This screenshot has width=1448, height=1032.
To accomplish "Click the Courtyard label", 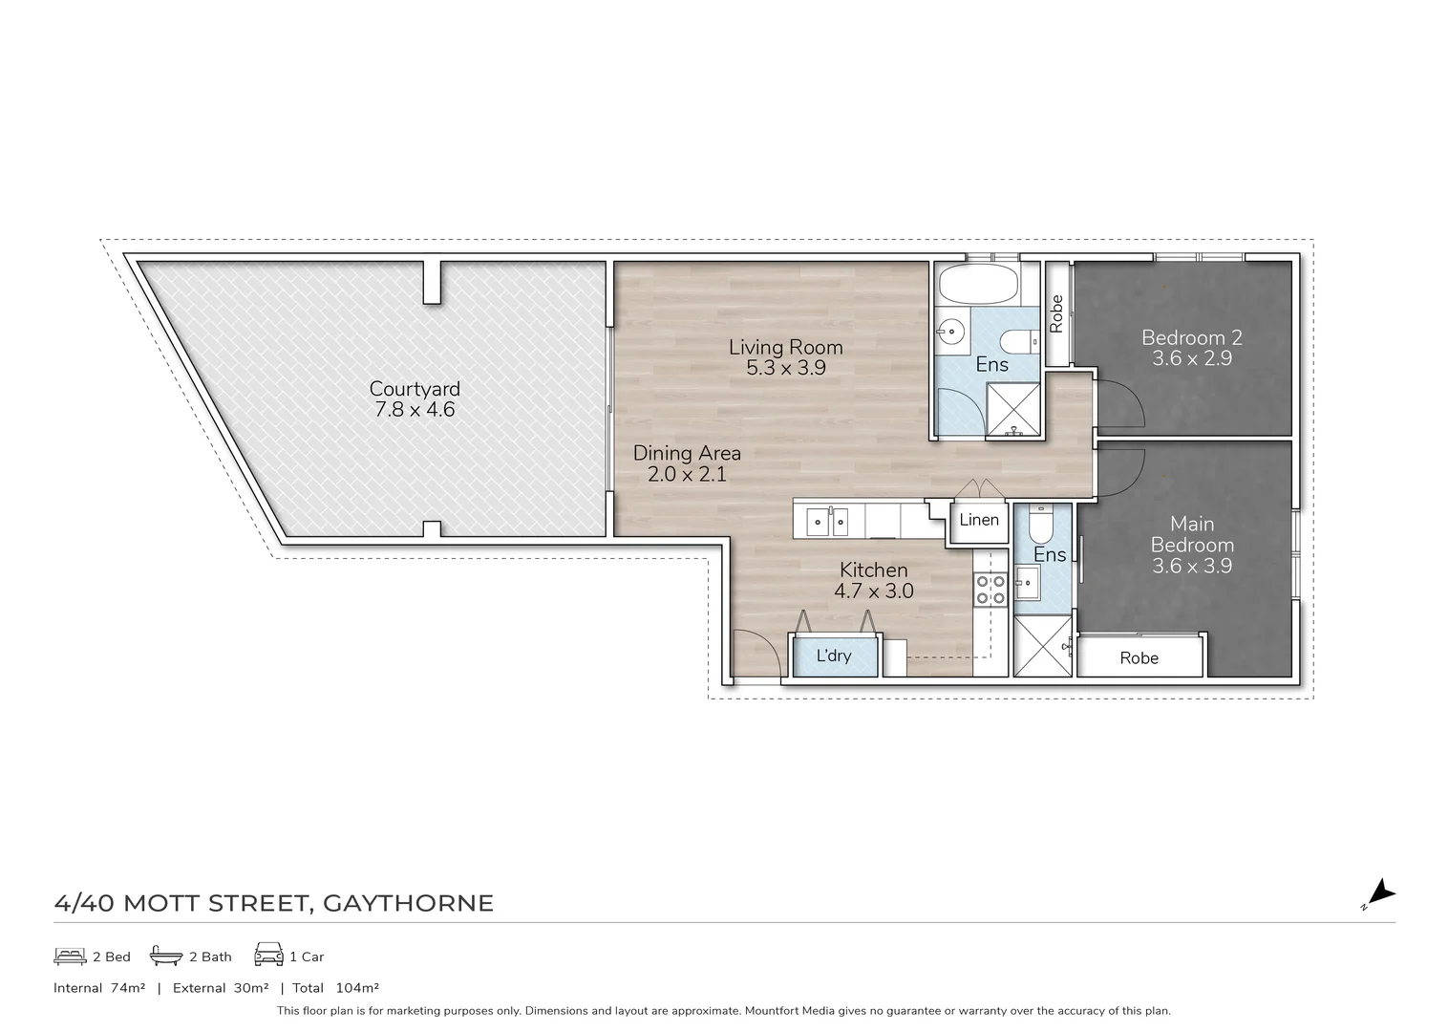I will click(415, 389).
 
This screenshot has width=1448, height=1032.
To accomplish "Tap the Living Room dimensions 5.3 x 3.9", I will click(786, 368).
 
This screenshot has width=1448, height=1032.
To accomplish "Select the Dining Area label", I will click(687, 453).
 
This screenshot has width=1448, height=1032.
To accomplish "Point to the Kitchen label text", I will click(873, 570).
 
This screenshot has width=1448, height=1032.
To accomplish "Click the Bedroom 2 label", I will click(1191, 337).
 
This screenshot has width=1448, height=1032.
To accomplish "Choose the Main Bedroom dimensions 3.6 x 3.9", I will click(1191, 566).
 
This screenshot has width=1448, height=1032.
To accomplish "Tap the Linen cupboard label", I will click(978, 520).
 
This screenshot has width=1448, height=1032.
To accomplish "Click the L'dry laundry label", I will click(833, 656).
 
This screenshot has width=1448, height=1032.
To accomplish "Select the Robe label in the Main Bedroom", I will click(1139, 658).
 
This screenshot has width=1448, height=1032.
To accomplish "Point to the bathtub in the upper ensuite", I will click(978, 284).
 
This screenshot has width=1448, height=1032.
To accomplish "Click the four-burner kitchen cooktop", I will click(990, 590).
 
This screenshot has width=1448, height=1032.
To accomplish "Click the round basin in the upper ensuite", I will click(951, 333).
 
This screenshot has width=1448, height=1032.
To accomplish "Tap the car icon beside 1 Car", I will click(268, 955).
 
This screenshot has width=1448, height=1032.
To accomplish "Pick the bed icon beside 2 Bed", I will click(70, 956).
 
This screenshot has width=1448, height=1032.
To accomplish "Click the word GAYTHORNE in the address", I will click(408, 903).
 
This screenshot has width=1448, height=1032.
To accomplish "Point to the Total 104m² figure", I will click(335, 988).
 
